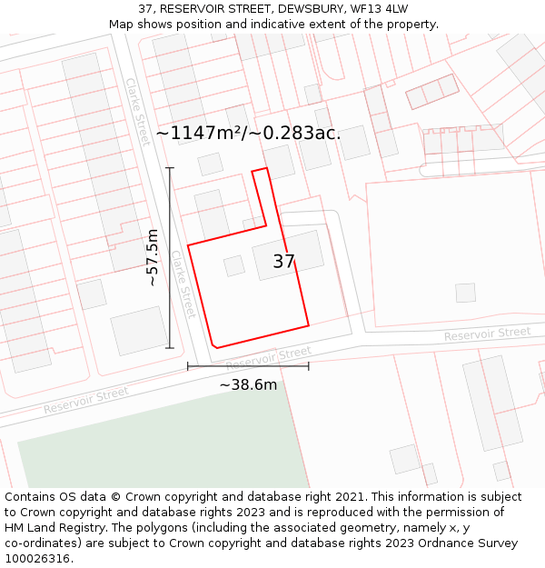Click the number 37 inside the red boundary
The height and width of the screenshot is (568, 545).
coord(283,262)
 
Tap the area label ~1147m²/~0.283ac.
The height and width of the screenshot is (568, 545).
coord(248,133)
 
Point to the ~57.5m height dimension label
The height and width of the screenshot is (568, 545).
coord(153,257)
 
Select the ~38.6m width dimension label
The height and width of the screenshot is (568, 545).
coord(248,384)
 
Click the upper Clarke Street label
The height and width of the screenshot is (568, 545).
coord(138,112)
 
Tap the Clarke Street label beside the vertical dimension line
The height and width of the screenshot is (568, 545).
coord(184,284)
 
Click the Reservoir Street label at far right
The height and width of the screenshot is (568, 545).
coord(487,334)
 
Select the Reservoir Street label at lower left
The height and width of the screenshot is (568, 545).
coord(86,400)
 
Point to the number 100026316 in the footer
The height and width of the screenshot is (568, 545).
coord(38,559)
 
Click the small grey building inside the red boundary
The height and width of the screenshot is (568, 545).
coord(234,265)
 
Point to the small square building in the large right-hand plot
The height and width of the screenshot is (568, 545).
coord(465,293)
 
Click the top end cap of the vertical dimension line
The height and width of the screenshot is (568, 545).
coord(170,168)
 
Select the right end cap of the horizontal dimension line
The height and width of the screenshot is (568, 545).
coord(309,366)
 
